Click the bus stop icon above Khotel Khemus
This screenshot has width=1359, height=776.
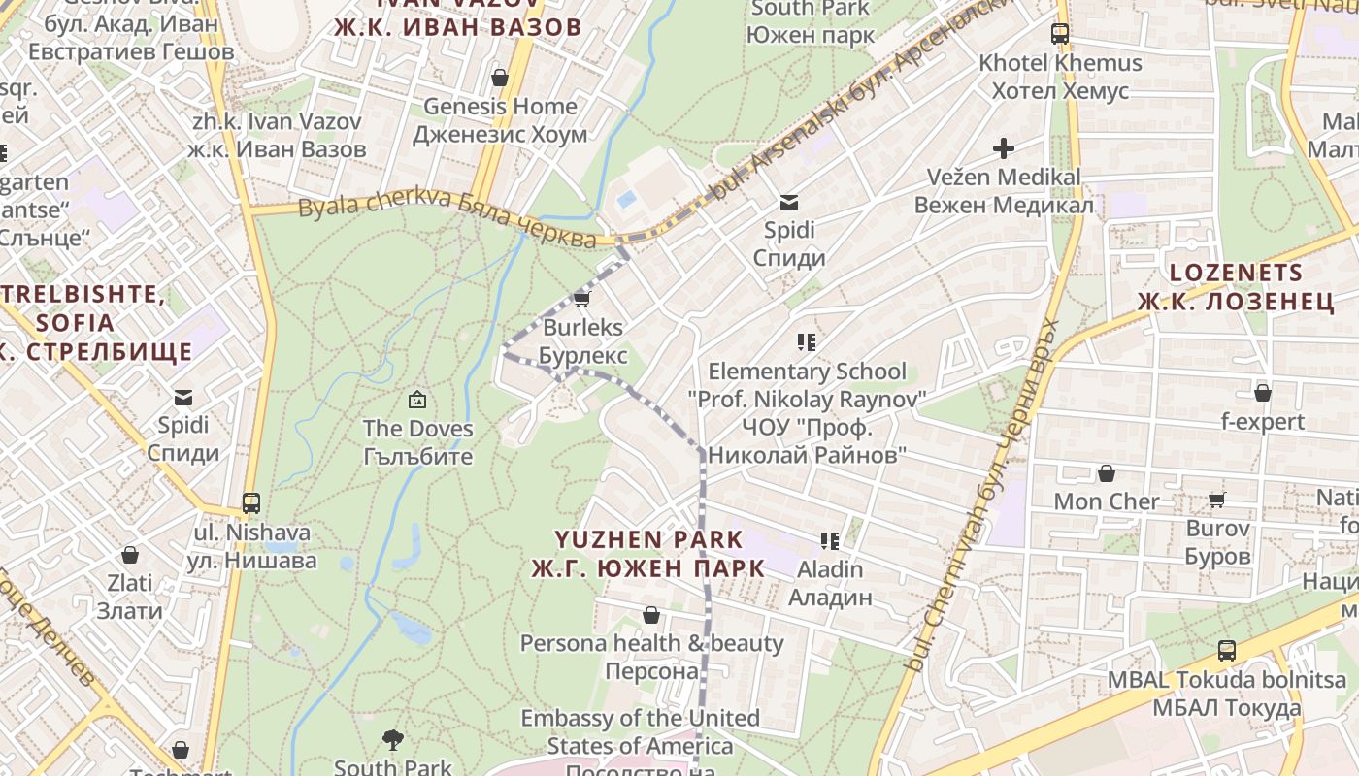tap(1060, 34)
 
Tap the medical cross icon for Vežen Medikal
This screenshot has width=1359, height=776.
tap(1003, 148)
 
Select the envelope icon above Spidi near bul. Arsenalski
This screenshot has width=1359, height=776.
tap(789, 203)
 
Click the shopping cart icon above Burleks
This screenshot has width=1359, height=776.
tap(582, 299)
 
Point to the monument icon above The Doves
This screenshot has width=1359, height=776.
tap(417, 399)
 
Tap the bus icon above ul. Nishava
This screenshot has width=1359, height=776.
tap(251, 503)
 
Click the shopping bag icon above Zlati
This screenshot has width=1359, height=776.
tap(130, 555)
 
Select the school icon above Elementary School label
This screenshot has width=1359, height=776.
tap(806, 341)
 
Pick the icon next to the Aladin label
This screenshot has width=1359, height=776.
tap(829, 541)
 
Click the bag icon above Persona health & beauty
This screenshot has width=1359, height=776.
tap(651, 615)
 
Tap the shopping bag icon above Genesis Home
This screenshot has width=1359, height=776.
tap(500, 78)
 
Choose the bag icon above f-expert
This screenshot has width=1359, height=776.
tap(1262, 393)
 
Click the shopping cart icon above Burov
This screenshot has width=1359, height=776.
tap(1217, 500)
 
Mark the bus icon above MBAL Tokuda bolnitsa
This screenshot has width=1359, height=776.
tap(1227, 651)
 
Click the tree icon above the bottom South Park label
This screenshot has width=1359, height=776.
tap(393, 740)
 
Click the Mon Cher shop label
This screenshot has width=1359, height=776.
tap(1107, 501)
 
